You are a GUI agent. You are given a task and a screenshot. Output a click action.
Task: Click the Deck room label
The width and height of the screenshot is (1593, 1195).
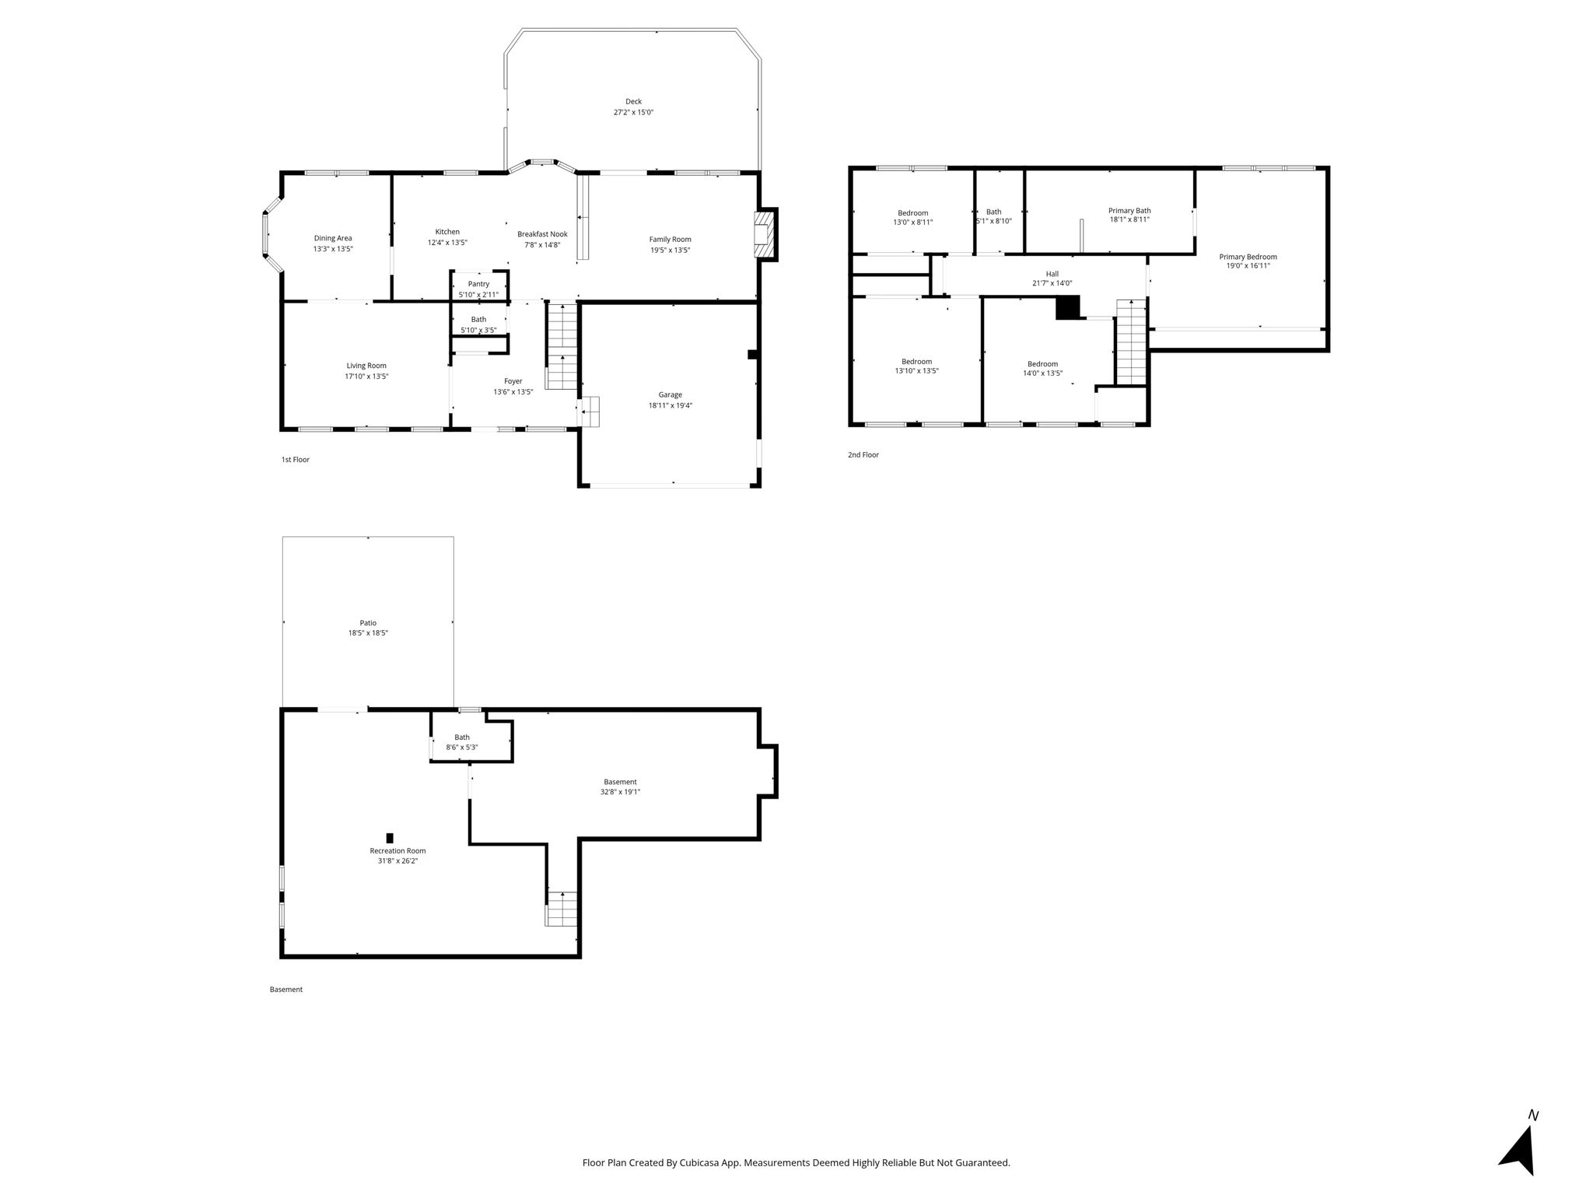coord(633,101)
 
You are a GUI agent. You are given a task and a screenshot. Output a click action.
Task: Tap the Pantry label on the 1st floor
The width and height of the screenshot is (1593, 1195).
coord(478,284)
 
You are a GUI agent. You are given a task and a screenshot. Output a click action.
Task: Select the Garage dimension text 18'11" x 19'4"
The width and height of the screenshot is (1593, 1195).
coord(670,405)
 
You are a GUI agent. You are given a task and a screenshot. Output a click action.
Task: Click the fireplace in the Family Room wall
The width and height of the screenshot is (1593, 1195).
coord(765,234)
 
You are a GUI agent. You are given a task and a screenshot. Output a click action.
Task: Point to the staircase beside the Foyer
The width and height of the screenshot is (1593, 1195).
coord(562,345)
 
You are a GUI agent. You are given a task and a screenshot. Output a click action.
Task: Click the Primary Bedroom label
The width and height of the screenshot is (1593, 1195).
coord(1248,257)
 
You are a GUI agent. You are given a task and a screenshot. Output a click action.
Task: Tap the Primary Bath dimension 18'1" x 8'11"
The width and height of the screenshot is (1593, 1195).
coord(1129,219)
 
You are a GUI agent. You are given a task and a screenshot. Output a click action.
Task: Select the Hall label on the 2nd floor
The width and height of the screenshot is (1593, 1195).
coord(1052,274)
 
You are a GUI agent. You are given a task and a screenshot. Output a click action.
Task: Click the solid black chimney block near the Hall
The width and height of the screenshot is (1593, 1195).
coord(1068,308)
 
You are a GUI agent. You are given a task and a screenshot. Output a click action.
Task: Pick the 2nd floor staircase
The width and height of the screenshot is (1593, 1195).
coord(1131,342)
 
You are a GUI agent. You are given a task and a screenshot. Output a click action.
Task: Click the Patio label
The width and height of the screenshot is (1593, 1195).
coord(368,622)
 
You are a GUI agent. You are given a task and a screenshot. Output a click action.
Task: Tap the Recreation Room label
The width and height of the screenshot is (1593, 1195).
coord(397,850)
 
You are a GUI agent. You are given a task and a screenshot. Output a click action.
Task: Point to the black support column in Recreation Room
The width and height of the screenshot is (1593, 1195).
coord(390,838)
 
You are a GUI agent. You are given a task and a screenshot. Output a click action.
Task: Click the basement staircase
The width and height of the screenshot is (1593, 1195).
coord(562,909)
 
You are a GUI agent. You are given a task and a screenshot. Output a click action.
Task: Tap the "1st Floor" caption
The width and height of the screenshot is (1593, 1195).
coord(296,460)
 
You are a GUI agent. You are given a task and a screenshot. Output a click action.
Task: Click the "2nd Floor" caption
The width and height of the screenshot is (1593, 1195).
coord(863,455)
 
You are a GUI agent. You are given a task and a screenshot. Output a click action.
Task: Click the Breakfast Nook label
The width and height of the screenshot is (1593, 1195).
coord(542,234)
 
